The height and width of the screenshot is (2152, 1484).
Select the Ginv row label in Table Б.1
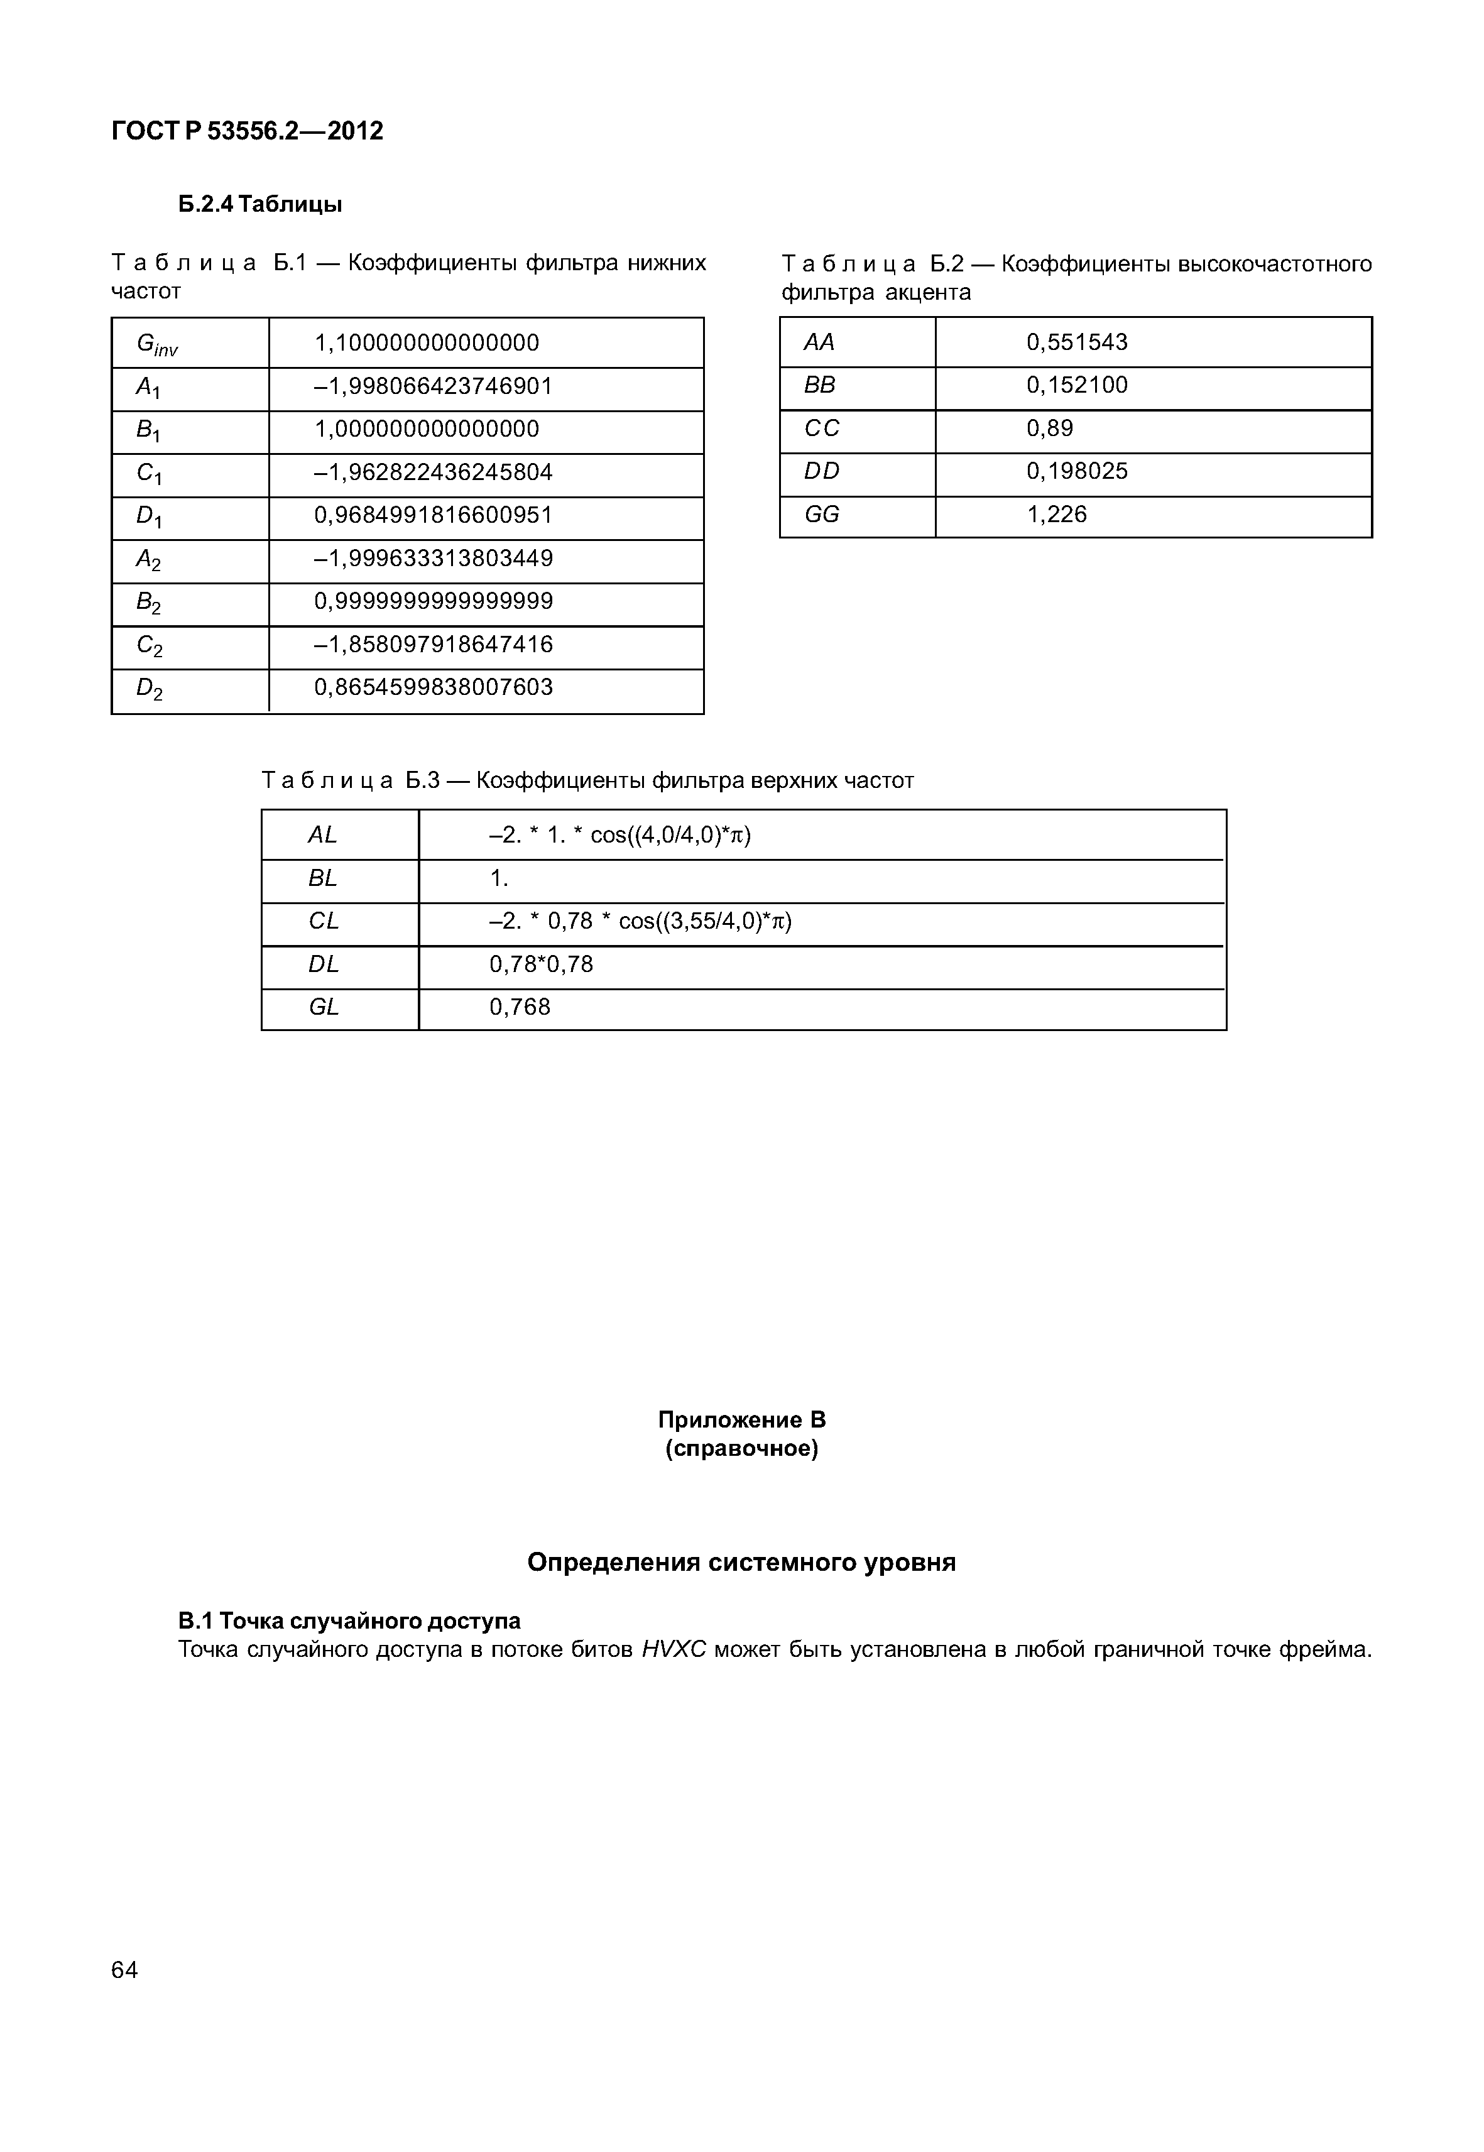pos(156,345)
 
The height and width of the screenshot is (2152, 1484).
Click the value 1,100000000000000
pos(426,343)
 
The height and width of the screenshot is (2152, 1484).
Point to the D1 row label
pos(149,516)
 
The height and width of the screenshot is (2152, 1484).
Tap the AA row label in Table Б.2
pos(819,342)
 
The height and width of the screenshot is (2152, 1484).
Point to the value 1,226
pos(1056,515)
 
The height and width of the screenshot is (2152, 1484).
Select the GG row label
pos(821,515)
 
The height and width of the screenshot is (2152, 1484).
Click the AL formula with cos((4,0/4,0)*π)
pos(619,835)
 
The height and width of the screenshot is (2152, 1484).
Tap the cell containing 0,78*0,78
pos(540,964)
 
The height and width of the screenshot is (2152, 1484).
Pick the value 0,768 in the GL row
pos(520,1007)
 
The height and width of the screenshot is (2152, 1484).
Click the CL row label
pos(324,920)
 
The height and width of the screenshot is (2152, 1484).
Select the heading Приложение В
pos(741,1420)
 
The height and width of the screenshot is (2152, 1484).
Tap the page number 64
pos(124,1970)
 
